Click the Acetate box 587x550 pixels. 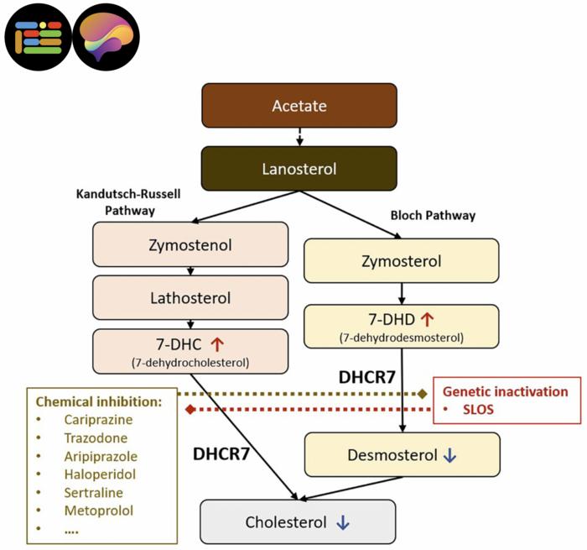pyautogui.click(x=299, y=106)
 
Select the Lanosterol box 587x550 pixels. pyautogui.click(x=299, y=169)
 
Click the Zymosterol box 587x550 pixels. pyautogui.click(x=401, y=260)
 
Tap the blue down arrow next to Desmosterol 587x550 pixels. pyautogui.click(x=449, y=456)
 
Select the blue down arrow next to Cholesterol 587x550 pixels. pyautogui.click(x=342, y=522)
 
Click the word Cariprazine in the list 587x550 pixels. pyautogui.click(x=99, y=419)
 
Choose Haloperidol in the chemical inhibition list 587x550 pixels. pyautogui.click(x=99, y=474)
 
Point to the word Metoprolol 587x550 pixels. pyautogui.click(x=98, y=510)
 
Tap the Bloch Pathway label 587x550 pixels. pyautogui.click(x=433, y=216)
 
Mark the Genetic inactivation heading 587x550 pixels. pyautogui.click(x=505, y=391)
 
